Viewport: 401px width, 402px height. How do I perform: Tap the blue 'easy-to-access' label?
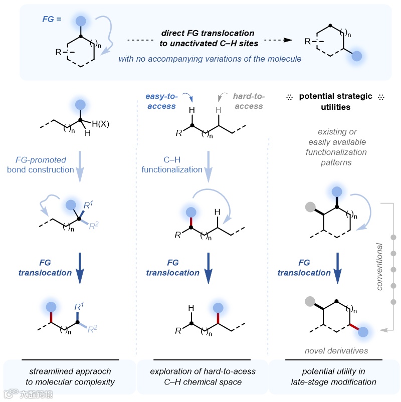click(x=161, y=101)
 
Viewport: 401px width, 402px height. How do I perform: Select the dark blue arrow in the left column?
click(x=80, y=271)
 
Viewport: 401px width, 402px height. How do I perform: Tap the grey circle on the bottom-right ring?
click(x=310, y=301)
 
